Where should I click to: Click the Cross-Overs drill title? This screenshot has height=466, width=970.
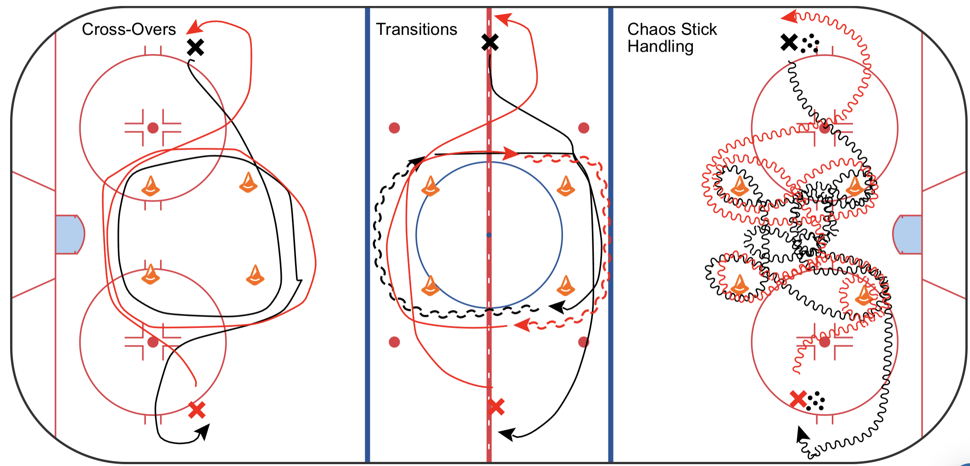[129, 29]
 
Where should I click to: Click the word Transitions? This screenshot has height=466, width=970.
[417, 29]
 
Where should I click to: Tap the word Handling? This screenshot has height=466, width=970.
[660, 47]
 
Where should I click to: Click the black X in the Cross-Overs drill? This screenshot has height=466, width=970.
[195, 47]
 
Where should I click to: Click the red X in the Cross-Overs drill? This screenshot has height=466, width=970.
[197, 410]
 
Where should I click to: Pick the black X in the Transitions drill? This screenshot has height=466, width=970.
[490, 43]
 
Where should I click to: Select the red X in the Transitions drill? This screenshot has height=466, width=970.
[496, 407]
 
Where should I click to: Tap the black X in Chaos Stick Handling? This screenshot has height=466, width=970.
[789, 43]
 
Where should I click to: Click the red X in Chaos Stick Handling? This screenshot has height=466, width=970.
[798, 399]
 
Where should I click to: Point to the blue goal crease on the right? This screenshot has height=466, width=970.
[909, 234]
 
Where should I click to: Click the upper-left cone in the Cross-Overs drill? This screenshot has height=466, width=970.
[151, 186]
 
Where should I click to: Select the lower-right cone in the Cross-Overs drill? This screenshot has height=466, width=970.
[255, 275]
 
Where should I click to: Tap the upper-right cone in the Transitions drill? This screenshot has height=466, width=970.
[566, 186]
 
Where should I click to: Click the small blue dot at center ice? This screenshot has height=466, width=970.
[489, 235]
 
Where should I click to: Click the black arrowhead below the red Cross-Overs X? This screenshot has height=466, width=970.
[204, 431]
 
